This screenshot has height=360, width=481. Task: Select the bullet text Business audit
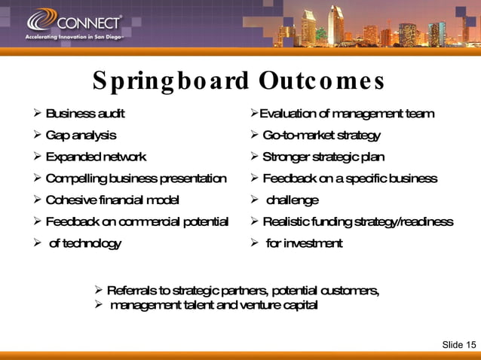tap(85, 114)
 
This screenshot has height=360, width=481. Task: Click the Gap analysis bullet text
tap(81, 136)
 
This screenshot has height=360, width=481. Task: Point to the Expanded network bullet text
tap(96, 157)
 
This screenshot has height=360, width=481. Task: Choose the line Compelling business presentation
tap(136, 178)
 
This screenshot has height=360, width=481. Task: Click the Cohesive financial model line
tap(112, 200)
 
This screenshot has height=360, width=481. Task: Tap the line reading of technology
tap(84, 243)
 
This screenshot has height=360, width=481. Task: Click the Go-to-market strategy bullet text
tap(321, 136)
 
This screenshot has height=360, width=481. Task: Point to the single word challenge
tap(293, 200)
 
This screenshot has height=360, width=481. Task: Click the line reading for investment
tap(304, 243)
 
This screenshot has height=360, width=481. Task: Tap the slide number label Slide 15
tap(458, 345)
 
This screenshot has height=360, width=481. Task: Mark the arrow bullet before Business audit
tap(37, 114)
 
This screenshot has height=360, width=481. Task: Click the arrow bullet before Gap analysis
tap(37, 136)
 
